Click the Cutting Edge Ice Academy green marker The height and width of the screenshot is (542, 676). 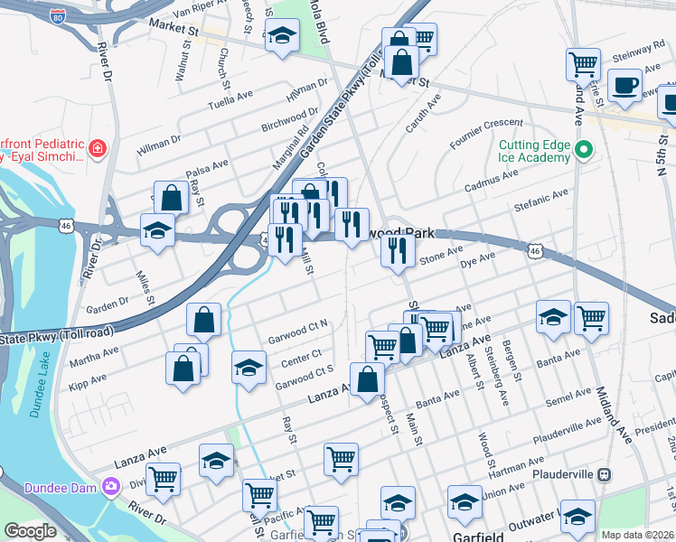(x=584, y=149)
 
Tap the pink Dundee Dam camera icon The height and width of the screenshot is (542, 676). (x=111, y=487)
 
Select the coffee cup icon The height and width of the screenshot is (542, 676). (x=624, y=85)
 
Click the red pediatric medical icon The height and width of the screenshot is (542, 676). (x=98, y=147)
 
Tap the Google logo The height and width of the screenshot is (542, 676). (x=30, y=531)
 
